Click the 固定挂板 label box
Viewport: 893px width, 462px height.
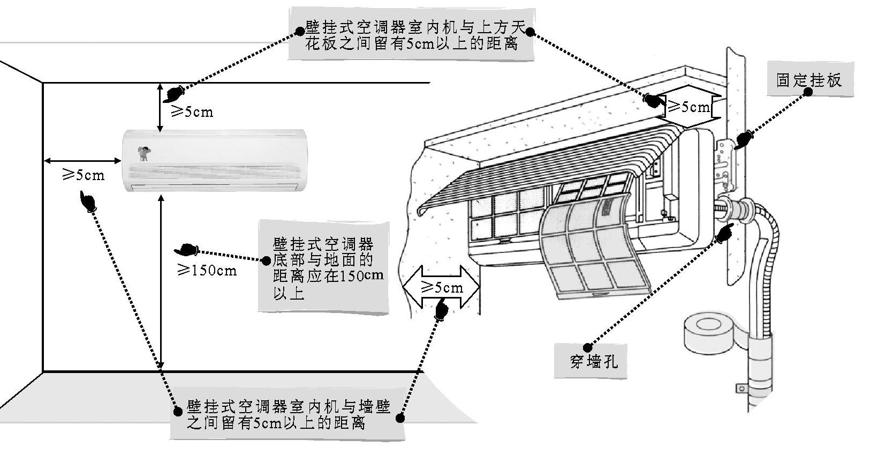[x=809, y=80]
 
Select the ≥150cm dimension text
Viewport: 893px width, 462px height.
[x=207, y=270]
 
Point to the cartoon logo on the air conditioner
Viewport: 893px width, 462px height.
[x=144, y=153]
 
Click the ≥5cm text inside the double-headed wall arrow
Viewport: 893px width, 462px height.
[x=442, y=288]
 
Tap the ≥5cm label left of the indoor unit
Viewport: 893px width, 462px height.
[x=84, y=175]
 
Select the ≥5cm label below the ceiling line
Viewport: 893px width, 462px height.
[x=191, y=112]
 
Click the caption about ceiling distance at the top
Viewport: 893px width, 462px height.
[x=411, y=35]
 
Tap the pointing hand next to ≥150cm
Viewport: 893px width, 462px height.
[x=187, y=250]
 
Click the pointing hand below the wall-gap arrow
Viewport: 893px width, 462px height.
[x=442, y=310]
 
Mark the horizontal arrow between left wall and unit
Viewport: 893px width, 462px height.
[x=82, y=160]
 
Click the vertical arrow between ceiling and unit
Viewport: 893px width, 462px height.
[x=160, y=107]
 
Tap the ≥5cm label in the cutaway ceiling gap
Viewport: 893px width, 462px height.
[x=688, y=107]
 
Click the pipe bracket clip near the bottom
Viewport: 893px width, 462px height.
[x=742, y=389]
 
